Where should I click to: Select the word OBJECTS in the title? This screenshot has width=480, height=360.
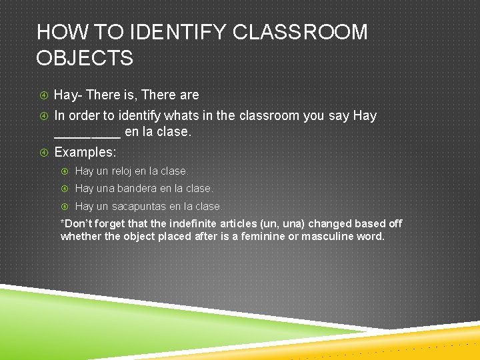click(85, 58)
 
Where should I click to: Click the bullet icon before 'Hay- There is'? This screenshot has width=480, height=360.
click(43, 95)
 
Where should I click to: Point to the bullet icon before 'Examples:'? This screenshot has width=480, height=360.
click(43, 153)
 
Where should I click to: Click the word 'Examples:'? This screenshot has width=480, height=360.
click(85, 152)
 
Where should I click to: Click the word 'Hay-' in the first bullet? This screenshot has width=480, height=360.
click(68, 95)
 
